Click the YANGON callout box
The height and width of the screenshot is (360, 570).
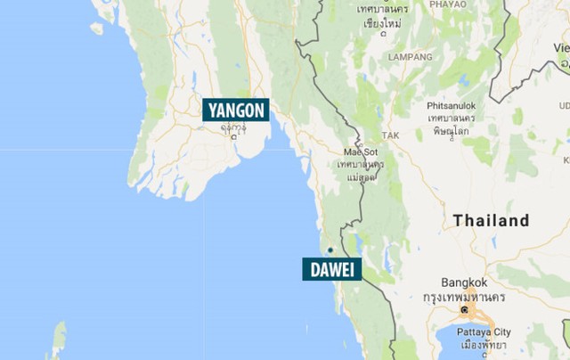tap(236, 110)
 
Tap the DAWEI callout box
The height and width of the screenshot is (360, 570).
tap(331, 268)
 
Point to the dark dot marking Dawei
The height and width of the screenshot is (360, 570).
tap(329, 250)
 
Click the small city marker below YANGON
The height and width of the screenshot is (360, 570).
tap(233, 137)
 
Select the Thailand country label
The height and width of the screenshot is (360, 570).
tap(491, 220)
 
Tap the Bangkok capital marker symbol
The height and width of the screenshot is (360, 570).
tap(464, 309)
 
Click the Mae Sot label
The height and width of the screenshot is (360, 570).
tap(359, 151)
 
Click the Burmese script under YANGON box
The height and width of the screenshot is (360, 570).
tap(234, 127)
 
